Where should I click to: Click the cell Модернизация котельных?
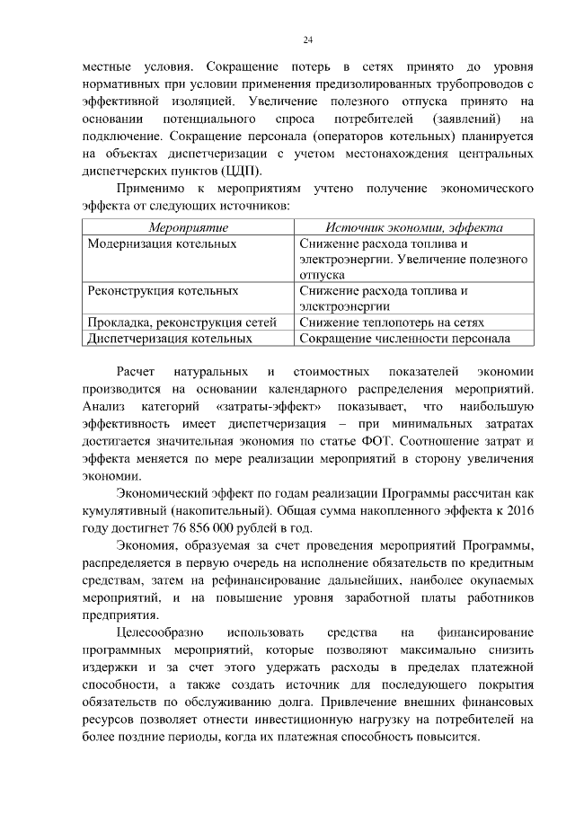coord(163,243)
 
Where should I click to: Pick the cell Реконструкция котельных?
coord(163,291)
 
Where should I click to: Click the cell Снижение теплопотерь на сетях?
coord(393,323)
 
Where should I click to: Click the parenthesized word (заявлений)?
coord(461,119)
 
